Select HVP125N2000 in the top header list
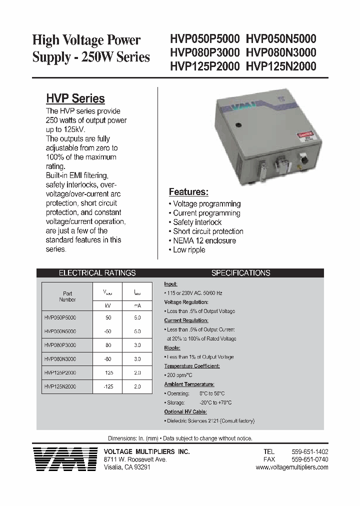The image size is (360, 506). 281,66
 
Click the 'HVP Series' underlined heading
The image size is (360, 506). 75,98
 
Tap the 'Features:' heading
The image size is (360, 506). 188,192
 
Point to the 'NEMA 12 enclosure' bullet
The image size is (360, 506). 204,240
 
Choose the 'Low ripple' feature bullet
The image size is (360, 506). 188,249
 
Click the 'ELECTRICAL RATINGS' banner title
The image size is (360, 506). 97,273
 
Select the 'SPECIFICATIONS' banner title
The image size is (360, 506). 240,273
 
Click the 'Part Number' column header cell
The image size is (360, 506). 67,296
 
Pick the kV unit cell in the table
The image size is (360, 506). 108,304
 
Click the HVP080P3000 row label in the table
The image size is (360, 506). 60,345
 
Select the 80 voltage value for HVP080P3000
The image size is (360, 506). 108,345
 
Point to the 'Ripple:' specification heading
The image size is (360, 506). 172,348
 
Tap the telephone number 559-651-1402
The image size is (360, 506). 309,451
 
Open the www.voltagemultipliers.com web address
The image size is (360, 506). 292,467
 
